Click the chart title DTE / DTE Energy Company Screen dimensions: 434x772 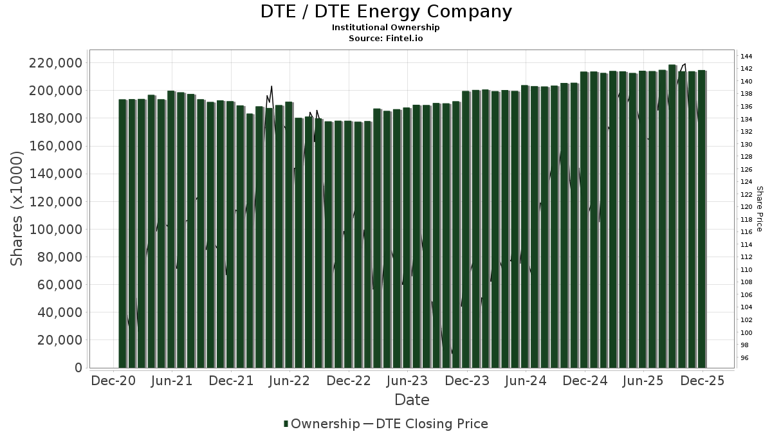[386, 12]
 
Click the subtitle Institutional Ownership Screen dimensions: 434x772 [386, 28]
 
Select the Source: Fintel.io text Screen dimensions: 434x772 [386, 39]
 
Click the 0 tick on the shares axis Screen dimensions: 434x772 [79, 368]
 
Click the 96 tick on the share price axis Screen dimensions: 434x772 [744, 358]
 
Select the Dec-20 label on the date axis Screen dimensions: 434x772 [113, 381]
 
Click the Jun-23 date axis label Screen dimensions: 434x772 [407, 381]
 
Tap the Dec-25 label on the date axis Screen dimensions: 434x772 [703, 381]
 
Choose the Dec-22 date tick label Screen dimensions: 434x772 [349, 381]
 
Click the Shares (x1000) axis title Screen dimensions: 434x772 [17, 208]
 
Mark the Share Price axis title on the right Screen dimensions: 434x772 [760, 209]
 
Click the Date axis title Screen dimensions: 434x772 [412, 400]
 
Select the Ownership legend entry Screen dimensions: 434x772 [325, 424]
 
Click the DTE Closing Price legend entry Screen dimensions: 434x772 [432, 424]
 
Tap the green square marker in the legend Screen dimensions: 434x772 [286, 424]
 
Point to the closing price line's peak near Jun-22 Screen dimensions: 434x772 [271, 86]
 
